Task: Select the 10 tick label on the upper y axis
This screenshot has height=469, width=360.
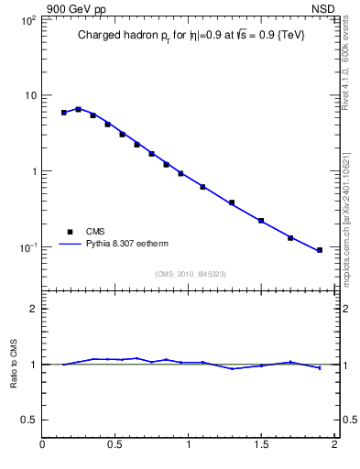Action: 29,95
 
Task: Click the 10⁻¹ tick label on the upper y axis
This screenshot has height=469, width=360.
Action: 27,248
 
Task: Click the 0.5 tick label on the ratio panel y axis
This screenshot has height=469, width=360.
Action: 28,420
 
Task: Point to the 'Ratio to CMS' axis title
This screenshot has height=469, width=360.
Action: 14,364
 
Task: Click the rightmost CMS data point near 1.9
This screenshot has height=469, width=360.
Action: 320,250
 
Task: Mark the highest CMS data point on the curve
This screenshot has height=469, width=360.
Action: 78,109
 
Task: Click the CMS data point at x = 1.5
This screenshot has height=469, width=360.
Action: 261,221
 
